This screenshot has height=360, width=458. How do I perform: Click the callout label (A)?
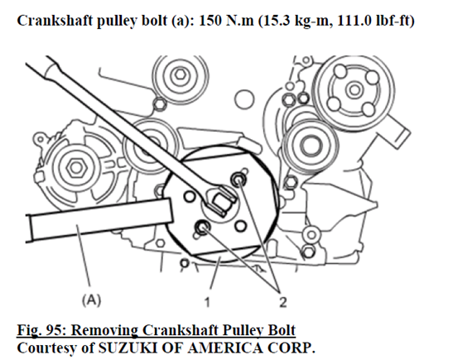pyautogui.click(x=91, y=300)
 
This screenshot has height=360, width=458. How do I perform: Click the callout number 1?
pyautogui.click(x=207, y=302)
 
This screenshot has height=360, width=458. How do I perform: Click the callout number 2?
pyautogui.click(x=282, y=302)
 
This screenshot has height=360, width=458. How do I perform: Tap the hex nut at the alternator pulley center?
pyautogui.click(x=76, y=168)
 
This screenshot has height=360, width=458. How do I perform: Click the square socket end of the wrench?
pyautogui.click(x=222, y=202)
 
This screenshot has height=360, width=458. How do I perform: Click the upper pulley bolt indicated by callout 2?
pyautogui.click(x=238, y=180)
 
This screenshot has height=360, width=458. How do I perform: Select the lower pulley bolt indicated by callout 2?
pyautogui.click(x=202, y=227)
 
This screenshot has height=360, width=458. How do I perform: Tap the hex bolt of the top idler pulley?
pyautogui.click(x=181, y=74)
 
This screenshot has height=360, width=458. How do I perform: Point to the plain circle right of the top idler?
pyautogui.click(x=244, y=99)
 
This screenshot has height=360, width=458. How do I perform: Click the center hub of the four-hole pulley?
pyautogui.click(x=354, y=89)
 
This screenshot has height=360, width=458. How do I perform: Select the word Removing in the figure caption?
pyautogui.click(x=104, y=331)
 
